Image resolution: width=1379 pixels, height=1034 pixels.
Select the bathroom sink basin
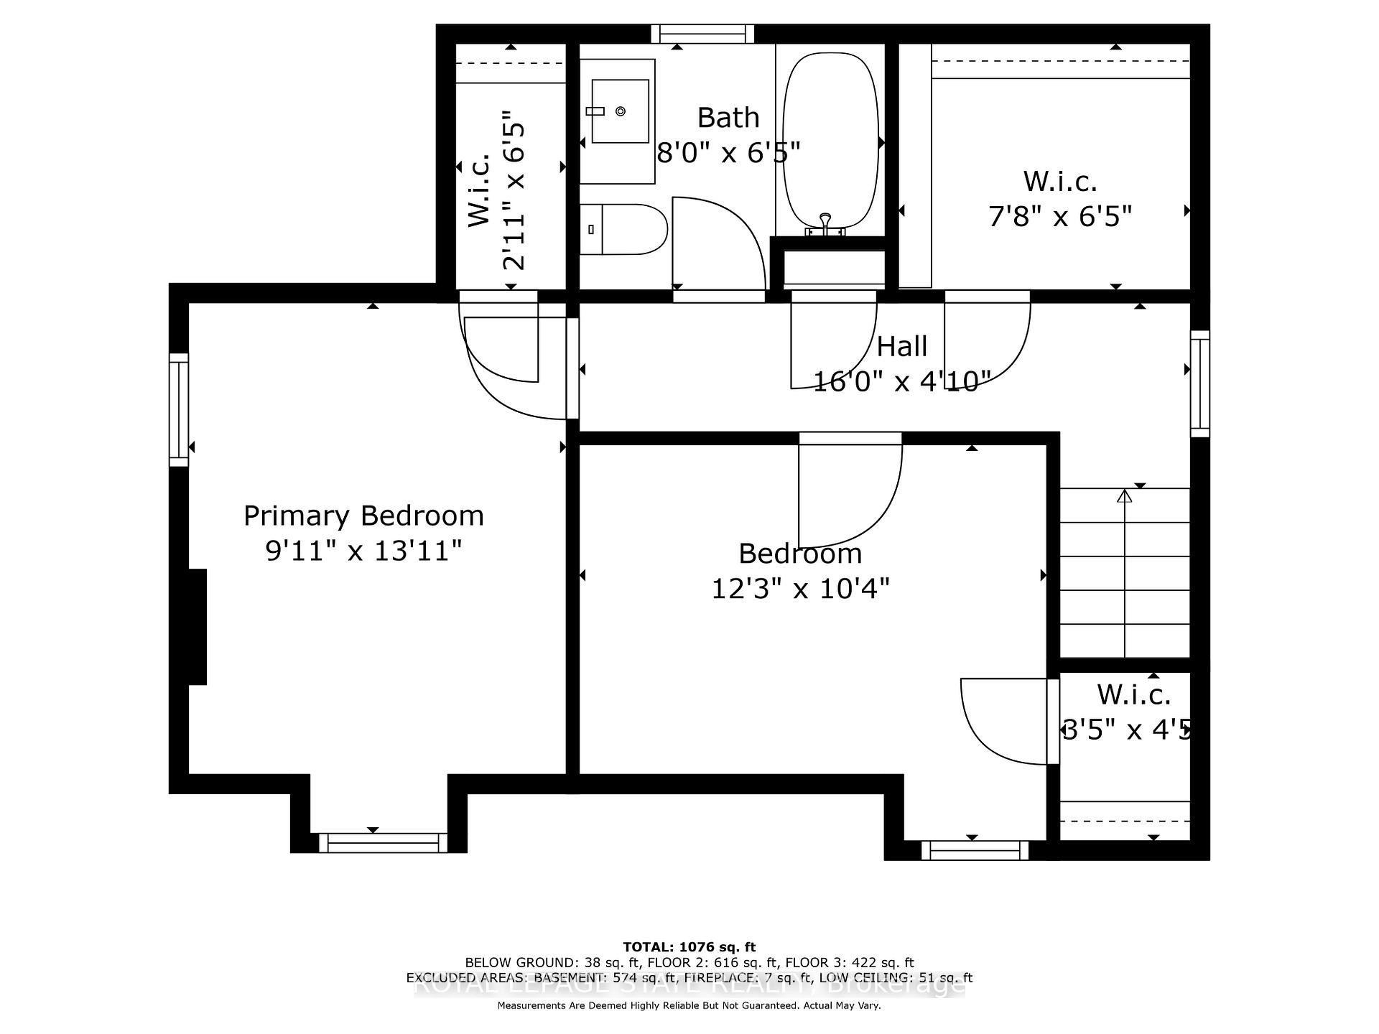tap(620, 111)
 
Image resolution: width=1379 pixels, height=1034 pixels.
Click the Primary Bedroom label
tap(363, 516)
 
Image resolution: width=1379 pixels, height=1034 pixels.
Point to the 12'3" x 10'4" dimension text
tap(800, 589)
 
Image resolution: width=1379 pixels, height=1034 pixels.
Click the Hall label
tap(902, 347)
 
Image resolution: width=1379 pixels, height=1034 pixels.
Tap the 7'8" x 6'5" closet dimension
tap(1060, 215)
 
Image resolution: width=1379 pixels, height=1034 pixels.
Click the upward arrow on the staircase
tap(1125, 495)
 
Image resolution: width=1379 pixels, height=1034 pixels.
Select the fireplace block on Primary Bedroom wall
tap(198, 626)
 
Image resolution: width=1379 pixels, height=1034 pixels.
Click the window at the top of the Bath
tap(702, 34)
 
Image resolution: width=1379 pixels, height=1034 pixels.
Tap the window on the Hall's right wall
tap(1200, 383)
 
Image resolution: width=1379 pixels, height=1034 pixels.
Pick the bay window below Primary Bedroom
tap(383, 842)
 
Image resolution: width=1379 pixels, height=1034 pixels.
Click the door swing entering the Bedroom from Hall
tap(851, 495)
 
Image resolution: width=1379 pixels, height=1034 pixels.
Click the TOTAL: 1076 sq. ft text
tap(689, 947)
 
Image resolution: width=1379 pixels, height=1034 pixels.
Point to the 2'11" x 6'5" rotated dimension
tap(514, 190)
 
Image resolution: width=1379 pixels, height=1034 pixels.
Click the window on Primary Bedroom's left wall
tap(179, 409)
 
